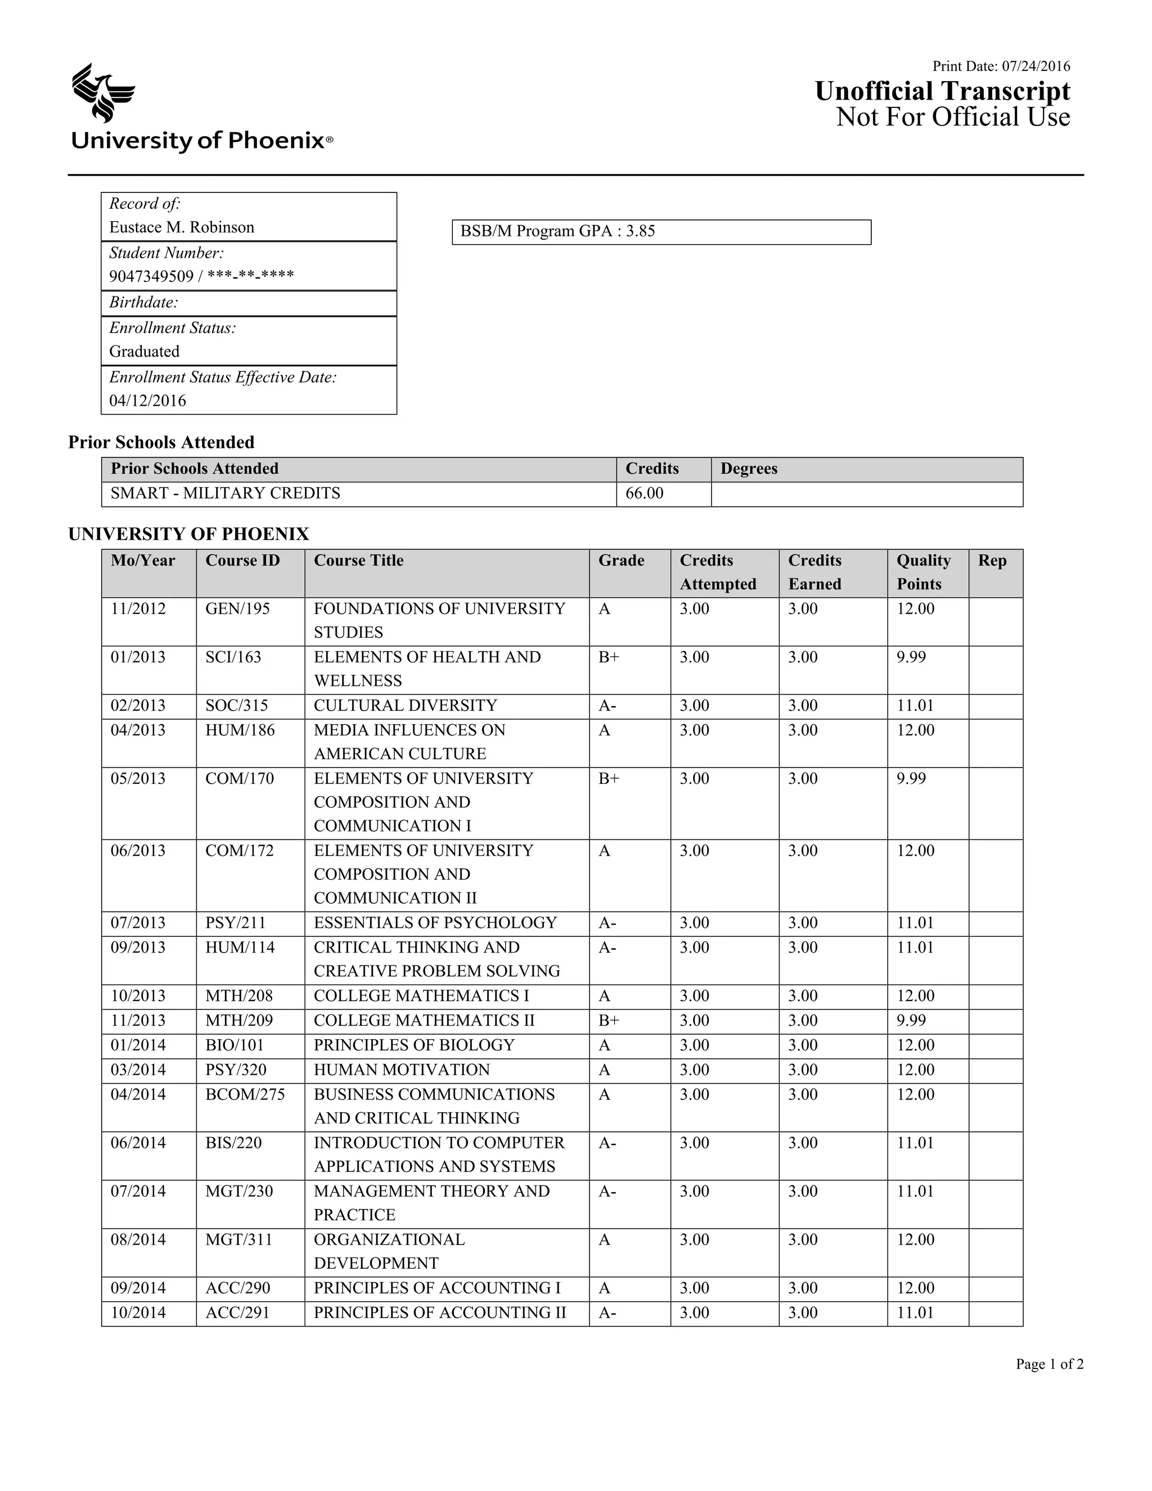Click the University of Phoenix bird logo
[103, 93]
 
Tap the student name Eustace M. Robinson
[182, 227]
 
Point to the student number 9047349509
[151, 276]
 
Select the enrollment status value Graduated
[144, 352]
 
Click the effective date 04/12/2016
[147, 401]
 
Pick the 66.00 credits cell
[644, 493]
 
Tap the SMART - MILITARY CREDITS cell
[225, 493]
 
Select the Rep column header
[992, 560]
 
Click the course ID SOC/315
[236, 705]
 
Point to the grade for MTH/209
[609, 1021]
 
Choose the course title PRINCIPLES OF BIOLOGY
[413, 1045]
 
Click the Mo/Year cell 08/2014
[138, 1239]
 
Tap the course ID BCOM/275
[245, 1094]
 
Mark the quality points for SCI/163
[911, 657]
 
